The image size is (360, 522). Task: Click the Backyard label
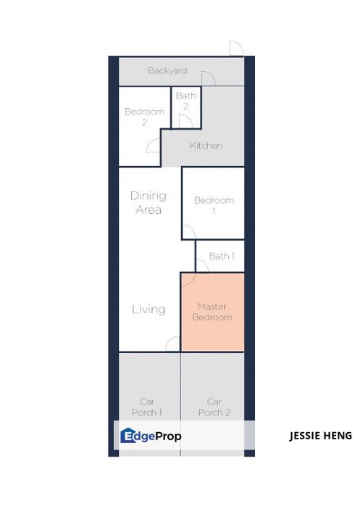pyautogui.click(x=167, y=71)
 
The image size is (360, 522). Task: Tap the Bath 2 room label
pyautogui.click(x=186, y=101)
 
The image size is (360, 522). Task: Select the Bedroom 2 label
pyautogui.click(x=144, y=117)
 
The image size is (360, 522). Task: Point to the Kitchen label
pyautogui.click(x=206, y=146)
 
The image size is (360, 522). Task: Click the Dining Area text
pyautogui.click(x=148, y=202)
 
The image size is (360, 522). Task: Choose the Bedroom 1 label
pyautogui.click(x=214, y=205)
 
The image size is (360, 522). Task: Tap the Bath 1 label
pyautogui.click(x=222, y=256)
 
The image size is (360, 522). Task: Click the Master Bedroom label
pyautogui.click(x=214, y=312)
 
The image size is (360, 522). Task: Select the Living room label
pyautogui.click(x=148, y=309)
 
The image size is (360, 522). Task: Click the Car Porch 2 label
pyautogui.click(x=214, y=407)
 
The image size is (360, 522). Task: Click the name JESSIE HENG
pyautogui.click(x=319, y=436)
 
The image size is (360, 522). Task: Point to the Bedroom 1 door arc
pyautogui.click(x=188, y=231)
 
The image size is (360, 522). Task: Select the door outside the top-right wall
pyautogui.click(x=236, y=49)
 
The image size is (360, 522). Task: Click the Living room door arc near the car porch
pyautogui.click(x=173, y=344)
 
